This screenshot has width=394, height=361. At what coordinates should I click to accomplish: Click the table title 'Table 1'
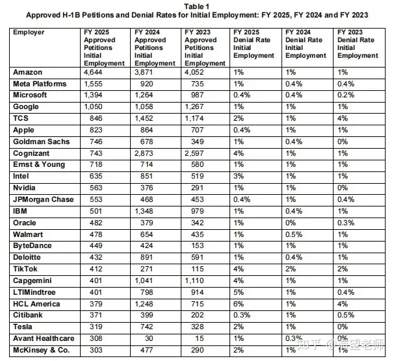[x=196, y=5]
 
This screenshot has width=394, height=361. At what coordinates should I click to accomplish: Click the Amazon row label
[x=29, y=72]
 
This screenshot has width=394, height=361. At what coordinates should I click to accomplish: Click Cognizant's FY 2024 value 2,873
[x=145, y=153]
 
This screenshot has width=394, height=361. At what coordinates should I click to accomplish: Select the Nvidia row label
[x=25, y=188]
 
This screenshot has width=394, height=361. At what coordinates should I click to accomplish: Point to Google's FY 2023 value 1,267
[x=195, y=107]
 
